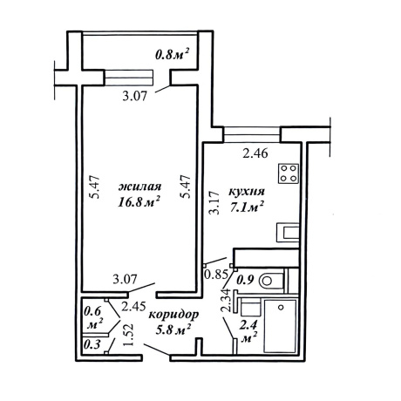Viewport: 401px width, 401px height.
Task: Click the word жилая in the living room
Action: pos(139,187)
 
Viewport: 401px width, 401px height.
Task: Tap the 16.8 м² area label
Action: pos(139,201)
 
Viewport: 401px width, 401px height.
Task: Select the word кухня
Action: pos(247,192)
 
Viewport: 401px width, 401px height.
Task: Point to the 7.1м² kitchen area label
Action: pos(247,207)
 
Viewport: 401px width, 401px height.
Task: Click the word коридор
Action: pos(173,315)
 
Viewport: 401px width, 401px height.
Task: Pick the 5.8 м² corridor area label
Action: pos(173,330)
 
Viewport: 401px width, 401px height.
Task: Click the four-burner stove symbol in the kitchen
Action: pos(289,173)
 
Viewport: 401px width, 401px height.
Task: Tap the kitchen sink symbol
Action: pos(288,232)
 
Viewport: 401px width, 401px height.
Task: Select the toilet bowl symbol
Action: pos(272,281)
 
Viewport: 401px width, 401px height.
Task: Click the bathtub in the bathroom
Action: pos(280,326)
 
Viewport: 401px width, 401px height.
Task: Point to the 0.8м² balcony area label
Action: pos(173,54)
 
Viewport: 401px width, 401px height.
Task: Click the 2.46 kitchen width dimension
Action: pos(255,153)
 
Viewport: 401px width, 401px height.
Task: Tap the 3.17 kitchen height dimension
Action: pos(214,202)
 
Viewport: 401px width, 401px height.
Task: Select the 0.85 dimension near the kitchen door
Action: pos(215,274)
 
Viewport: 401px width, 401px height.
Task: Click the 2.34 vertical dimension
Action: pos(226,301)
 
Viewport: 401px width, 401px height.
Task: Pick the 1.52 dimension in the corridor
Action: pos(128,335)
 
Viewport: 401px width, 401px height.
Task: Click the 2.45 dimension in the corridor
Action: pos(133,306)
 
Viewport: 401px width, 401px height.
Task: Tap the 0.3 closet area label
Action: pos(92,344)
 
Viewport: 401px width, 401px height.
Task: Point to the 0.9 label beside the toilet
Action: pos(246,280)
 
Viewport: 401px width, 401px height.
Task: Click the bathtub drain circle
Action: pos(281,307)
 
